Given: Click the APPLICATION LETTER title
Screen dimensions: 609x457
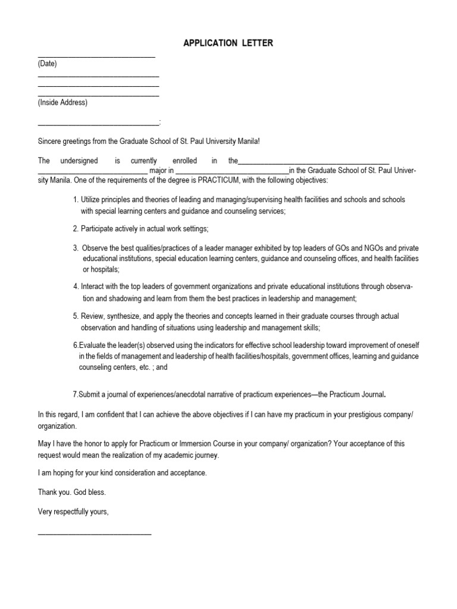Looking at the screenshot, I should coord(228,43).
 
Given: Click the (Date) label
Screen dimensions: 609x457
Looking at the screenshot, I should coord(48,64).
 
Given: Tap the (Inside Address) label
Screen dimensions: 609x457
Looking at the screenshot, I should coord(62,102).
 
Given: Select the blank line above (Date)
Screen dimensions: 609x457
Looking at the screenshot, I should coord(96,56).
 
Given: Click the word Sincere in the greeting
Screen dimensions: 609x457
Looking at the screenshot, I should coord(50,142).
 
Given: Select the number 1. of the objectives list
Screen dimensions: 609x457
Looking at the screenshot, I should coord(76,200).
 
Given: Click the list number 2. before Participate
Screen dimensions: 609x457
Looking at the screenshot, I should coord(76,229).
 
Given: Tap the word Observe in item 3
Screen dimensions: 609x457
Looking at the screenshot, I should coord(94,248).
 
